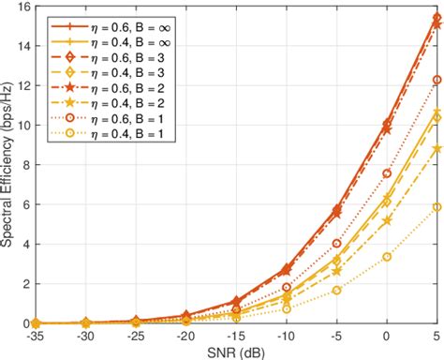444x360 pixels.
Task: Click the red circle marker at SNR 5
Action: [x=437, y=80]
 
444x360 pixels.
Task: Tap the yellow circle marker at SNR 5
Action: [x=437, y=207]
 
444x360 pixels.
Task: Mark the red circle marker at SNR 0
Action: [x=387, y=173]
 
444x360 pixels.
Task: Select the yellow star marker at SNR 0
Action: [x=387, y=221]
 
